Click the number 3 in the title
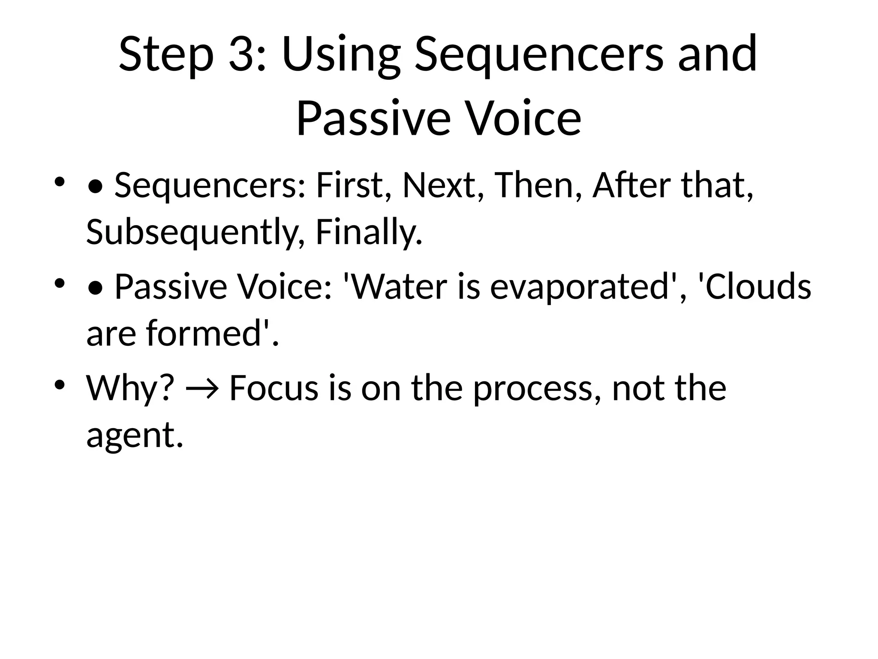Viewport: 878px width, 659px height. coord(243,54)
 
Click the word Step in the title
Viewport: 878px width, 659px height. coord(166,54)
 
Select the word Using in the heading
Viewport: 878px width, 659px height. coord(341,54)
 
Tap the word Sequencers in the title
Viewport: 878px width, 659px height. coord(538,54)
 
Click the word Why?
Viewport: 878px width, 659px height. coord(130,388)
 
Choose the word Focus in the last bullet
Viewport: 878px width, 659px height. coord(274,388)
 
